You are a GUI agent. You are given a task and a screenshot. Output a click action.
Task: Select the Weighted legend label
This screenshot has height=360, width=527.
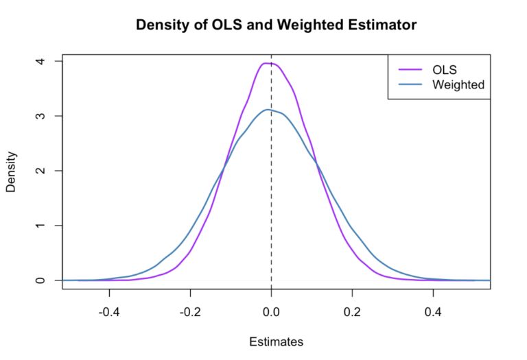[458, 85]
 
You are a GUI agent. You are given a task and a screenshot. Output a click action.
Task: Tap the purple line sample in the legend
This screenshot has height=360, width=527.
[410, 69]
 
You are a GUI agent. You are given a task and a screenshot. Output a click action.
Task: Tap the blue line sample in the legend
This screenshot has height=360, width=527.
[410, 85]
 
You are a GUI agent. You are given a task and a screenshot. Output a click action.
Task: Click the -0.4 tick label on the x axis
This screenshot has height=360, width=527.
[108, 309]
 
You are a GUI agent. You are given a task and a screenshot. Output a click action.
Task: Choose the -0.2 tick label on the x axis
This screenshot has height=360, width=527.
[189, 309]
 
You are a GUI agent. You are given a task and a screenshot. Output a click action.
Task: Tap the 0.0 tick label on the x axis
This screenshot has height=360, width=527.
[272, 309]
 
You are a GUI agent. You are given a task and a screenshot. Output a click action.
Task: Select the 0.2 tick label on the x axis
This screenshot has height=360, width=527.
[353, 309]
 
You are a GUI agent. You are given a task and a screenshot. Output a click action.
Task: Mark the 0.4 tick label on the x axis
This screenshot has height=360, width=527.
[434, 309]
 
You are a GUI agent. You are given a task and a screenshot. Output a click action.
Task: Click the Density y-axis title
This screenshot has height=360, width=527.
[12, 171]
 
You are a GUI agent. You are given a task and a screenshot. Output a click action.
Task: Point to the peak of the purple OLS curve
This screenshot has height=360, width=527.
[268, 63]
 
